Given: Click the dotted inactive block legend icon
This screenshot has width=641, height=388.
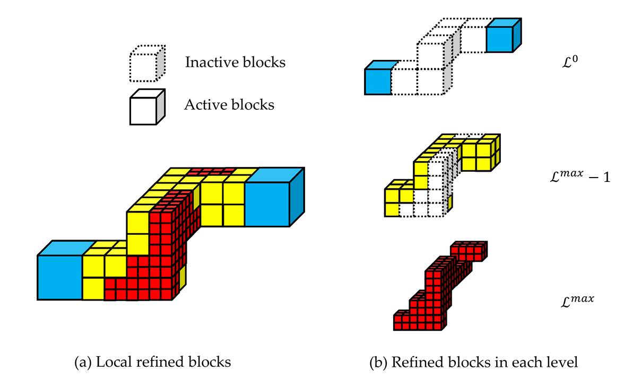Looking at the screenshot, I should [x=147, y=63].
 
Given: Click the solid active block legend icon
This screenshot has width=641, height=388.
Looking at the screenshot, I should [x=147, y=107].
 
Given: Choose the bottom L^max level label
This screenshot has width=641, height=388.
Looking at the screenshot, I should [x=577, y=301].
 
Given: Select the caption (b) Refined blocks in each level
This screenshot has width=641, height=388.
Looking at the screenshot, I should [x=473, y=363].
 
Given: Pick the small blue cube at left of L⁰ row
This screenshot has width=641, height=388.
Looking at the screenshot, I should [x=377, y=81].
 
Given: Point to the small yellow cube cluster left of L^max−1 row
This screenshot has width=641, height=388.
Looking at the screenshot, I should [x=398, y=198].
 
